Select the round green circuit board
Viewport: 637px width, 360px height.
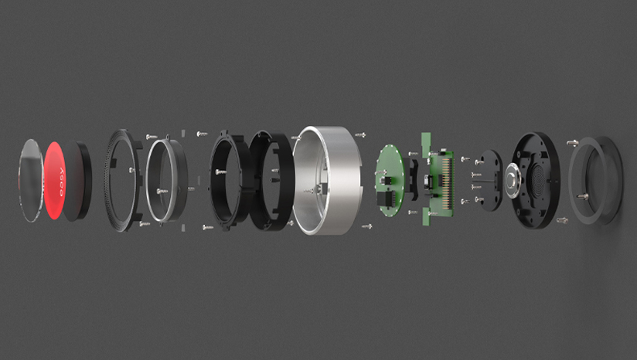pos(391,179)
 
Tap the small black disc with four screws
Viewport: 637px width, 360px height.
pos(485,179)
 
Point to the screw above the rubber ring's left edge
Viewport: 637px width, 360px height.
pos(570,141)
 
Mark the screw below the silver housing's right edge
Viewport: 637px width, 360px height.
pos(368,226)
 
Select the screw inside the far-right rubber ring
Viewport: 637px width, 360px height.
pos(585,196)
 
